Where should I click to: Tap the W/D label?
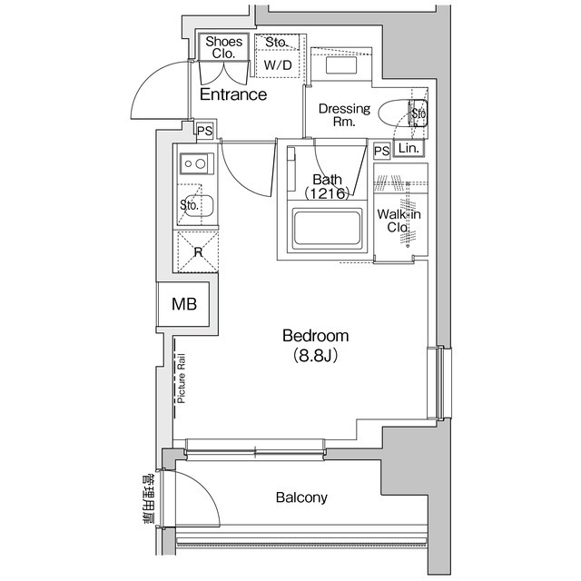(x=277, y=65)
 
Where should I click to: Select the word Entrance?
(x=232, y=94)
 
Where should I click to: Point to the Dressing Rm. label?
(x=343, y=115)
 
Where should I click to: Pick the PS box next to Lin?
(x=381, y=151)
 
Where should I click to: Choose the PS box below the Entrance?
(x=205, y=131)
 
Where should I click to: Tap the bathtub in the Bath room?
(x=327, y=230)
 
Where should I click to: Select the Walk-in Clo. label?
(x=397, y=221)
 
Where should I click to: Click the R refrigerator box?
(x=197, y=251)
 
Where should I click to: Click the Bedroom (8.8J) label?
(x=315, y=345)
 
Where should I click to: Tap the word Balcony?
(x=300, y=497)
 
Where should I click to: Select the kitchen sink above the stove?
(x=194, y=164)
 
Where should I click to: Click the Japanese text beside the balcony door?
(x=148, y=499)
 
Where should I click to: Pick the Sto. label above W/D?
(x=277, y=43)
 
